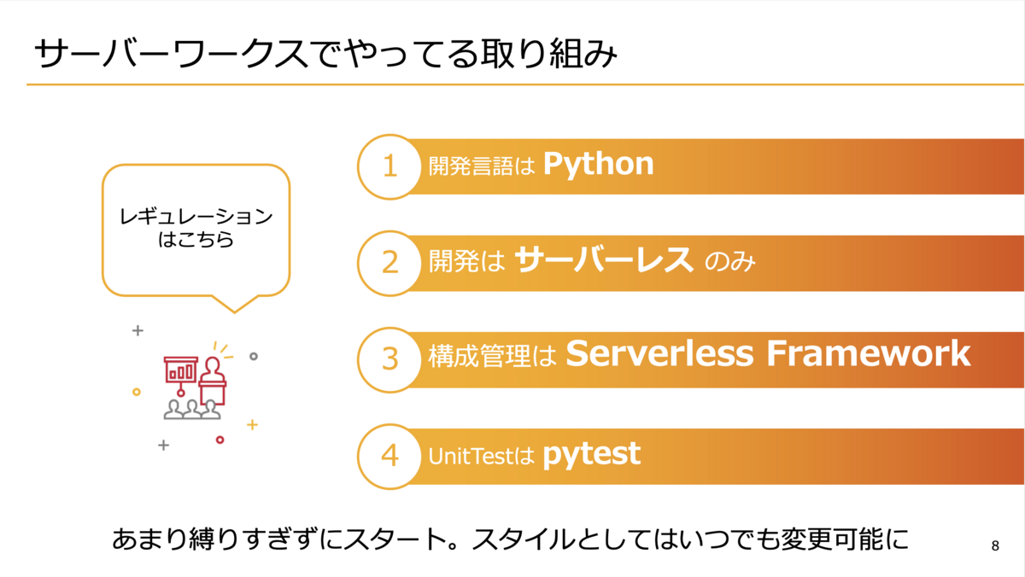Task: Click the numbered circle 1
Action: click(x=389, y=166)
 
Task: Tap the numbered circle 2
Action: click(x=389, y=263)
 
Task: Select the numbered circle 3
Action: click(x=389, y=360)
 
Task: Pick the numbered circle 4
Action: click(x=389, y=457)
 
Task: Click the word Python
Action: click(x=598, y=165)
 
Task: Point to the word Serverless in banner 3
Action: click(x=659, y=353)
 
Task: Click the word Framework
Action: click(x=868, y=353)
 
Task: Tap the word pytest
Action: click(x=592, y=456)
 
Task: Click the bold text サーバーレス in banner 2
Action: click(x=604, y=259)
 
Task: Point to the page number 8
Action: click(x=995, y=545)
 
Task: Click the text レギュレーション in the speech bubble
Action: click(x=196, y=216)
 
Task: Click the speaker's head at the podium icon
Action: click(x=213, y=366)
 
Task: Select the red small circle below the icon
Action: click(x=220, y=440)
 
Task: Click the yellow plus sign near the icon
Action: click(x=252, y=425)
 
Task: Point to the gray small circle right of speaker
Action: click(x=254, y=356)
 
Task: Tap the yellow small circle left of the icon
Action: click(x=137, y=392)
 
